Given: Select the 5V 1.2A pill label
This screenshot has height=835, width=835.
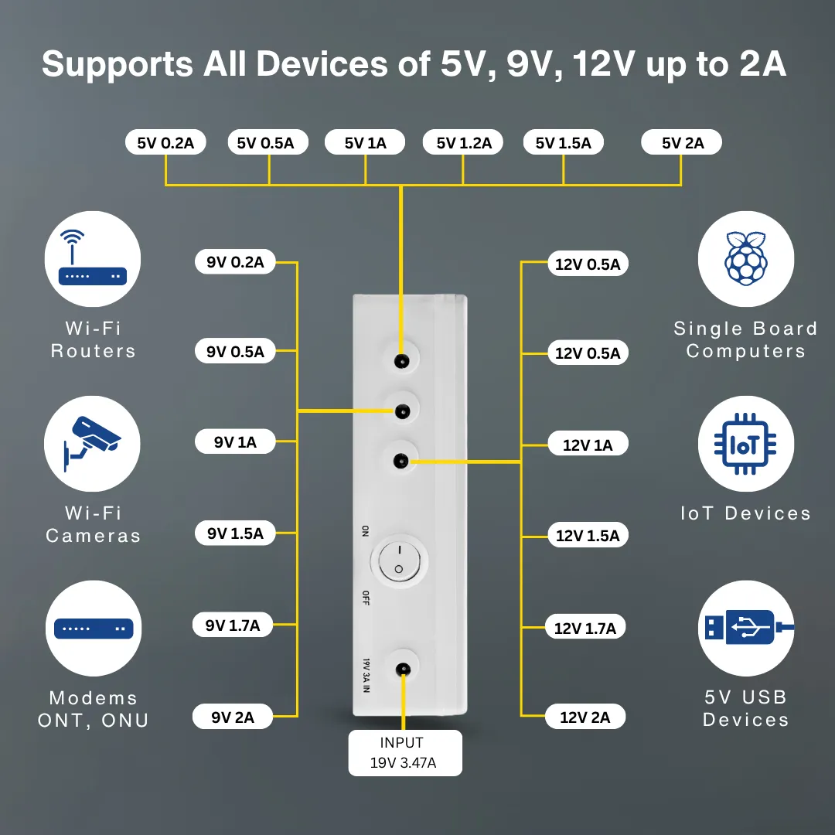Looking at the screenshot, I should [464, 142].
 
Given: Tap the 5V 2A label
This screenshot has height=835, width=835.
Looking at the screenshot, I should [683, 142].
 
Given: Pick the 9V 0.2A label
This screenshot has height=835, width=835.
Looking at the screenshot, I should [235, 262].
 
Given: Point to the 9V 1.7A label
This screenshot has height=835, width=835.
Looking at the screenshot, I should [233, 625].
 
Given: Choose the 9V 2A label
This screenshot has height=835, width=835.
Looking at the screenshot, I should [233, 717].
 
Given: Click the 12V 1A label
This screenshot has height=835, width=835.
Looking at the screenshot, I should [588, 445].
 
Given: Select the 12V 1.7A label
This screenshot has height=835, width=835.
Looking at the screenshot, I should [585, 628].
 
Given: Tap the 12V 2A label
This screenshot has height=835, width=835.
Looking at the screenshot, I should [585, 717].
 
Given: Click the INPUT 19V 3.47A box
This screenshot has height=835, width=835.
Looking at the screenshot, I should [402, 754].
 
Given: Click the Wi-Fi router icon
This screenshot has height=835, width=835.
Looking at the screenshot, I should [93, 259].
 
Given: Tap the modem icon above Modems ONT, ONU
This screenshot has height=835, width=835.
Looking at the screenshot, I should [93, 629].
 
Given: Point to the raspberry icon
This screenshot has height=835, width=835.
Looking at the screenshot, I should [746, 259].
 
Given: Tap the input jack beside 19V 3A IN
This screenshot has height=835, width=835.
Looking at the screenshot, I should [401, 670].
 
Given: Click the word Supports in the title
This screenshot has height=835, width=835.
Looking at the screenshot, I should [116, 63].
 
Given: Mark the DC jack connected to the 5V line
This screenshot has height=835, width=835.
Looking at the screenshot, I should [401, 361].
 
